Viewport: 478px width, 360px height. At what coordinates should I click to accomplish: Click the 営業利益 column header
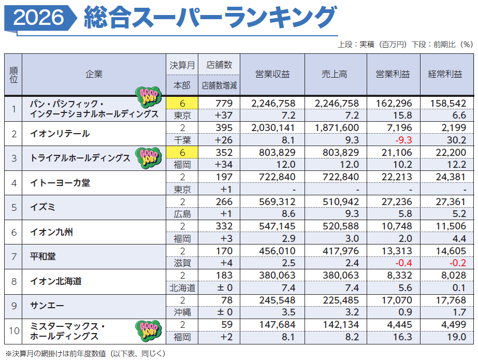pyautogui.click(x=393, y=74)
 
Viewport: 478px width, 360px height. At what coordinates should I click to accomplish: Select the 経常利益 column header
pyautogui.click(x=445, y=74)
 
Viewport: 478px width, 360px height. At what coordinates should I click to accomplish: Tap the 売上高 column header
pyautogui.click(x=335, y=74)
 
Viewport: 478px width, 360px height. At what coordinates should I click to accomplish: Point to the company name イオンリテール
pyautogui.click(x=60, y=134)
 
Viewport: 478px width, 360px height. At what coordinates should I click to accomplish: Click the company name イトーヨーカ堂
pyautogui.click(x=60, y=183)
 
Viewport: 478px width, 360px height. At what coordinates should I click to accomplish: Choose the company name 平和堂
pyautogui.click(x=42, y=256)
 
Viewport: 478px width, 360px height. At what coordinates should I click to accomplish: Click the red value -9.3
pyautogui.click(x=403, y=140)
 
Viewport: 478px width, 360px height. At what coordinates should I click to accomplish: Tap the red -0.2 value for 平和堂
pyautogui.click(x=458, y=263)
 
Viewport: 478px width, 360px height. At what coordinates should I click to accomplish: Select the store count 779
pyautogui.click(x=224, y=103)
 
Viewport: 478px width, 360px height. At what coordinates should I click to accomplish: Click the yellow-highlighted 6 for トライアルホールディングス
pyautogui.click(x=182, y=152)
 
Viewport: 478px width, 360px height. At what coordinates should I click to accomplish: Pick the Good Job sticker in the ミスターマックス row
pyautogui.click(x=149, y=330)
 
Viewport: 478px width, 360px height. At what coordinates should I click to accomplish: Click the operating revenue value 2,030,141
pyautogui.click(x=273, y=128)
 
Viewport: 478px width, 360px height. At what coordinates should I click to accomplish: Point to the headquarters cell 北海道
pyautogui.click(x=182, y=288)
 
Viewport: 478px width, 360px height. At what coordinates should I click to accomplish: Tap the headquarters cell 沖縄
pyautogui.click(x=182, y=312)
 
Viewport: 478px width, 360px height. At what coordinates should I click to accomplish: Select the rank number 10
pyautogui.click(x=14, y=331)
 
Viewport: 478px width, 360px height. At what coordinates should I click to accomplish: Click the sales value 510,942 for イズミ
pyautogui.click(x=341, y=202)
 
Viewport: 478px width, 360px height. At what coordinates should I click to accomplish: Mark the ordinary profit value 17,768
pyautogui.click(x=451, y=300)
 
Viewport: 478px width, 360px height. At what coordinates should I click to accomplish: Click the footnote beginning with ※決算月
pyautogui.click(x=85, y=354)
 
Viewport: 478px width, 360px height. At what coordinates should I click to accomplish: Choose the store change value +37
pyautogui.click(x=223, y=116)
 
